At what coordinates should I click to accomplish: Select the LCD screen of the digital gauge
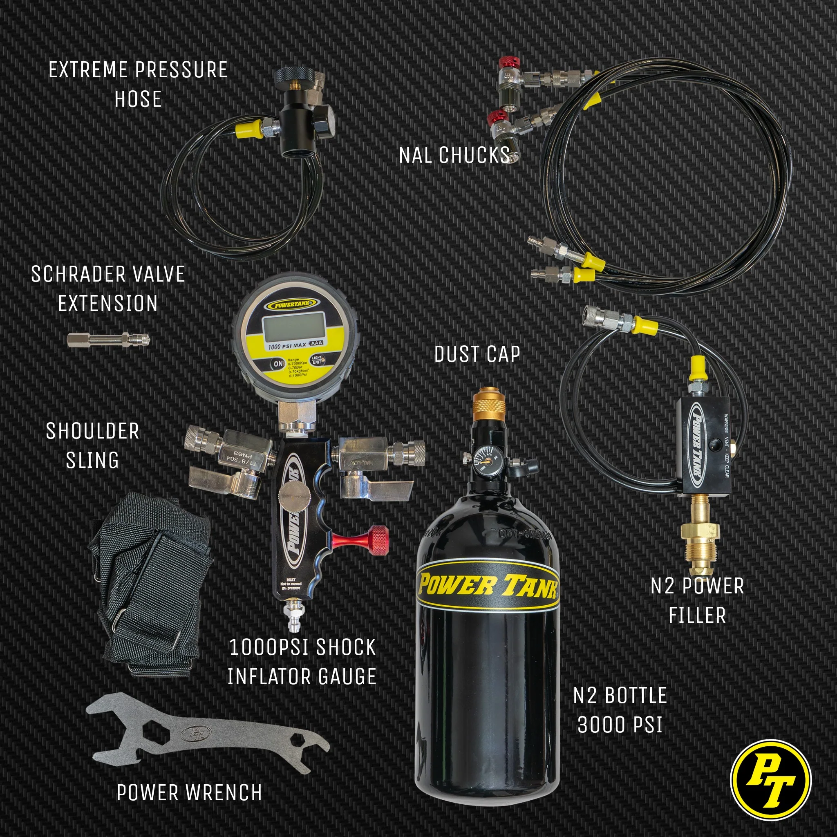tap(295, 326)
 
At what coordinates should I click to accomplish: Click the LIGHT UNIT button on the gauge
tap(317, 360)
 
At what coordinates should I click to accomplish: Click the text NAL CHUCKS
tap(454, 155)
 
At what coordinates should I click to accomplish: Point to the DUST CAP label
tap(477, 354)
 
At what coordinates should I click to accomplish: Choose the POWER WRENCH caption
tap(189, 793)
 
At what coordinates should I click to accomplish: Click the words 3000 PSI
tap(620, 725)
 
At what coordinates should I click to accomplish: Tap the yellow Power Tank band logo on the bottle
tap(488, 585)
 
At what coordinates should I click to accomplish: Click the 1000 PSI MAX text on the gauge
tap(287, 346)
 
